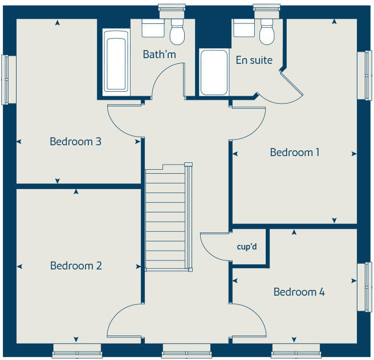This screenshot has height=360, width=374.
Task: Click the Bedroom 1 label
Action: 294,153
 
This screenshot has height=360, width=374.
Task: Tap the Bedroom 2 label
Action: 76,266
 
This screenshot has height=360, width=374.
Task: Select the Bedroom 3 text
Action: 75,141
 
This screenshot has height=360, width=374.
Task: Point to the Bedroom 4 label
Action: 299,292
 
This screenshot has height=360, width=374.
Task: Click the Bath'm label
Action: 159,55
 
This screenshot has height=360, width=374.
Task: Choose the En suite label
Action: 254,60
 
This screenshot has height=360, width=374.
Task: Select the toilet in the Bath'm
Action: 178,33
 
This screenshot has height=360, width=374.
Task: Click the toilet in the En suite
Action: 267,33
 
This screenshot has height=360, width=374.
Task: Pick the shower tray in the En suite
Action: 214,72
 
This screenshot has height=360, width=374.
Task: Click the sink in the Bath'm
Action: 152,28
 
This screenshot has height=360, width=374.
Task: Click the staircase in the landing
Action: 166,219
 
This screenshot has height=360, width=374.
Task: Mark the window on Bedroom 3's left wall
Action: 6,79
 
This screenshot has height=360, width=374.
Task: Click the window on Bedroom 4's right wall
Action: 364,287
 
